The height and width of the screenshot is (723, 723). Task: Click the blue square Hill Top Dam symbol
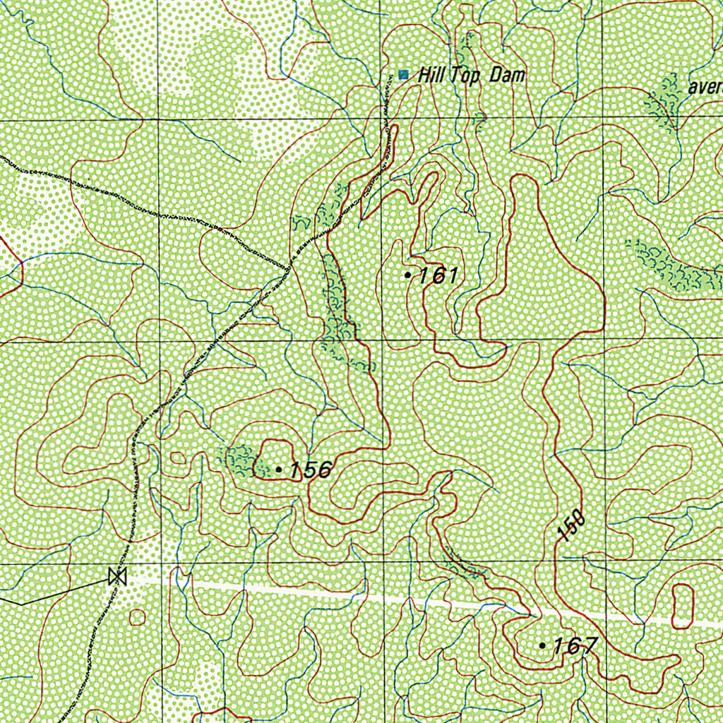403,74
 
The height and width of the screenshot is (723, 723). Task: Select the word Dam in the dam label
507,75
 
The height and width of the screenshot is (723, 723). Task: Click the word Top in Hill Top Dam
467,76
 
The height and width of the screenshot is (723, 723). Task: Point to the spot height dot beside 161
407,275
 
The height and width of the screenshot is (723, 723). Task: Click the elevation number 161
439,275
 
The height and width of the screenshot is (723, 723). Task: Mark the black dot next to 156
279,469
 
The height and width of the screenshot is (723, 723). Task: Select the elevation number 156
311,470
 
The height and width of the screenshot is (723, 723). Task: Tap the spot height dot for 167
542,645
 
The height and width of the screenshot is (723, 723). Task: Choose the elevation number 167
575,645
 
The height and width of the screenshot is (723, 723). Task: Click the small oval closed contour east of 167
683,606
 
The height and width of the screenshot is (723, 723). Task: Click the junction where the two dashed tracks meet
289,268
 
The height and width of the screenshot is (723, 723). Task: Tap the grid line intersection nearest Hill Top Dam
381,119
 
